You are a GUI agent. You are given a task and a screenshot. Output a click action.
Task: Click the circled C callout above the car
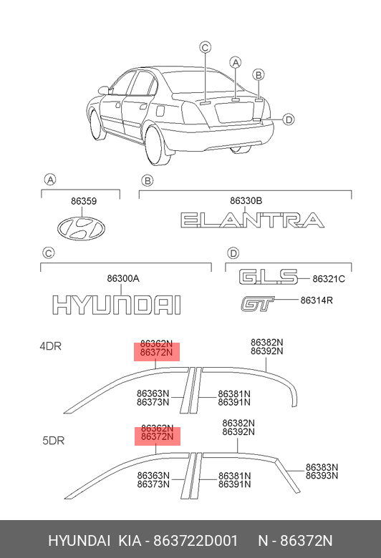click(x=206, y=47)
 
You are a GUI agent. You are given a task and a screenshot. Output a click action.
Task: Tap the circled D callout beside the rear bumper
click(x=289, y=119)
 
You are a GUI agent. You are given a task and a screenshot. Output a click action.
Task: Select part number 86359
click(x=84, y=202)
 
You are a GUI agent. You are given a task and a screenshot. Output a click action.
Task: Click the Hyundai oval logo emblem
click(x=81, y=227)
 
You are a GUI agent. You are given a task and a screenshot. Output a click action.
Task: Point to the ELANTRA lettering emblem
click(x=252, y=220)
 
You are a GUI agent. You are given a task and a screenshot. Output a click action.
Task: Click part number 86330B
click(x=246, y=201)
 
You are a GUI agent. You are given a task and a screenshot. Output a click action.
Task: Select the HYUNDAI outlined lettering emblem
click(x=117, y=305)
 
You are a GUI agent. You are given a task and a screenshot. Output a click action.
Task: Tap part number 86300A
click(x=123, y=279)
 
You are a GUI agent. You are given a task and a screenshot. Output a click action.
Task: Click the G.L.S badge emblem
click(x=268, y=277)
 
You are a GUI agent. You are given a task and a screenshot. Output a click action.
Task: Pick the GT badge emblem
click(x=257, y=304)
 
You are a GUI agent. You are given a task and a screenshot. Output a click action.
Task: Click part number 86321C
click(x=329, y=279)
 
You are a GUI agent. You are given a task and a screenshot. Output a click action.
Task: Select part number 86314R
click(x=317, y=300)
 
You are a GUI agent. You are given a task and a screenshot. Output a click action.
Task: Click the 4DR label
click(x=51, y=346)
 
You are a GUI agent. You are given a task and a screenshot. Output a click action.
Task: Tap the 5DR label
click(x=54, y=441)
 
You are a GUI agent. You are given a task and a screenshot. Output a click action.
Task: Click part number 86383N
click(x=322, y=467)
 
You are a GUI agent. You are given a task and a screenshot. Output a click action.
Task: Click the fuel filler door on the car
click(x=160, y=110)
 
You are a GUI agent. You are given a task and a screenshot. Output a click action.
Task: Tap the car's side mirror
click(x=103, y=90)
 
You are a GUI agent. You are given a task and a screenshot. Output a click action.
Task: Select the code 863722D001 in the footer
click(x=196, y=541)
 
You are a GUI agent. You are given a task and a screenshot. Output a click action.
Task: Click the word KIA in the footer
click(x=130, y=541)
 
